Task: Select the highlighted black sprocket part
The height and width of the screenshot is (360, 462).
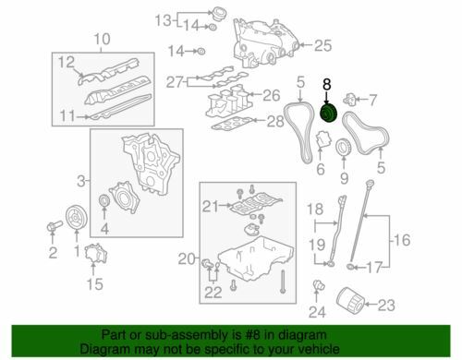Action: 327,113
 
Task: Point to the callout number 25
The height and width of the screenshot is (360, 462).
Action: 321,43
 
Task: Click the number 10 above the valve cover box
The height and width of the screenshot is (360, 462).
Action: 102,38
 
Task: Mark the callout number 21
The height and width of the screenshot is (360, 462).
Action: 209,205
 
